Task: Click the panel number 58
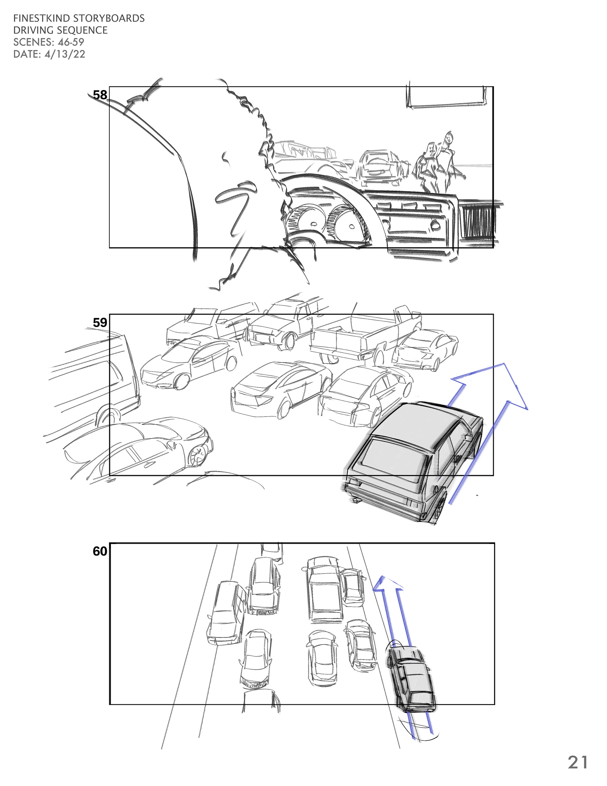coord(100,95)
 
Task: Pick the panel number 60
coord(100,551)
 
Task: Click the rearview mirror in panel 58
coord(445,96)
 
